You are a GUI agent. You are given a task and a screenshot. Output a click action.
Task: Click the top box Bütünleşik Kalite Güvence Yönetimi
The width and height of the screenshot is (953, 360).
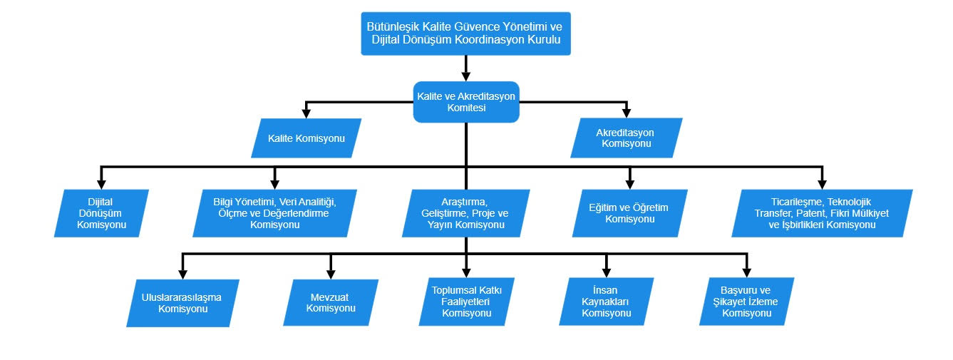(466, 34)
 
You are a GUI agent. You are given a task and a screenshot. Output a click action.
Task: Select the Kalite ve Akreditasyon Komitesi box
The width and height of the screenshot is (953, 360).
(466, 102)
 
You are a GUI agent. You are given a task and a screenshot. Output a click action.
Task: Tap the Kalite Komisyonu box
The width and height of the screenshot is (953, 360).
(306, 138)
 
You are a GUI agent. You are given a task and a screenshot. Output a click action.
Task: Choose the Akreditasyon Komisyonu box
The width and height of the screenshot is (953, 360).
(627, 138)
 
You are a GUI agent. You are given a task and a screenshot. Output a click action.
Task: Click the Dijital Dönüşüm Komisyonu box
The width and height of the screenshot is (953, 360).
(101, 213)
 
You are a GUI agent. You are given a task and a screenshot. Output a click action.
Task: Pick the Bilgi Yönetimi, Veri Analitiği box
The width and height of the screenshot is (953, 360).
(275, 213)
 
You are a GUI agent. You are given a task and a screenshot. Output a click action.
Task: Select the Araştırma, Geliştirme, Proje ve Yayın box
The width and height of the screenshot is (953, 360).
(466, 213)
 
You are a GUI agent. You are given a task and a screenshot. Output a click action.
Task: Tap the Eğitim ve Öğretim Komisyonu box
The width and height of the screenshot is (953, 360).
(629, 213)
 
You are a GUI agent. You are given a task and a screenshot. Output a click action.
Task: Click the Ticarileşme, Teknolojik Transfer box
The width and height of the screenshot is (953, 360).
(822, 213)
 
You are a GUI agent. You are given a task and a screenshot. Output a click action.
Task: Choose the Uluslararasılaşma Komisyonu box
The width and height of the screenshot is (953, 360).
(182, 303)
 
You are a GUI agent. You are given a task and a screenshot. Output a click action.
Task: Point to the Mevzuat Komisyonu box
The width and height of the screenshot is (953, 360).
(331, 302)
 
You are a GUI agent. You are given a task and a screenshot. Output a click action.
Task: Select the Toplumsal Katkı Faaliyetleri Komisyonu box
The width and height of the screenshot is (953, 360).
(467, 302)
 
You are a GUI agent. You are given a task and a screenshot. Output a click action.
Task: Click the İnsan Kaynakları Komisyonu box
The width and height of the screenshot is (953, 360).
(607, 302)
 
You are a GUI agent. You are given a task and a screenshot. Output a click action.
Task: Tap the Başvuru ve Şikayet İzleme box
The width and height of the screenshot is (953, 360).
(747, 302)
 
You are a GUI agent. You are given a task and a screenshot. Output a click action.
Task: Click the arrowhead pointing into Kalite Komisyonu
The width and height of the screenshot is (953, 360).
(306, 113)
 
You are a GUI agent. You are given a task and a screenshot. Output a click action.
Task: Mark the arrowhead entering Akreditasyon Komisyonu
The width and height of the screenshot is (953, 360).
(627, 113)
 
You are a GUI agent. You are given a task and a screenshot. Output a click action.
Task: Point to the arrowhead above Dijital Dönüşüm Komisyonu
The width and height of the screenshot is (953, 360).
(101, 184)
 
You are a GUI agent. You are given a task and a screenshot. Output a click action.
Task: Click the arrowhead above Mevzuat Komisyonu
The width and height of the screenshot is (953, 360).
(331, 274)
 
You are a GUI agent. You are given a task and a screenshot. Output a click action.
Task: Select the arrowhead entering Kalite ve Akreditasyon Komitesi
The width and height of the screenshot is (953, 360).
(466, 76)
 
